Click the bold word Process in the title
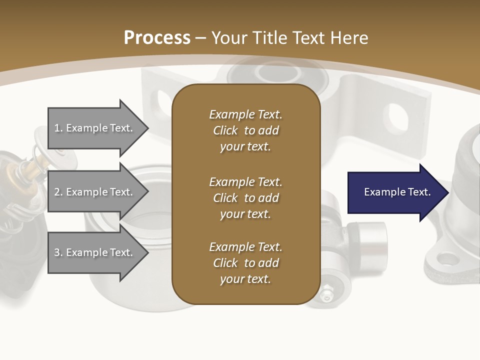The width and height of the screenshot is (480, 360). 157,38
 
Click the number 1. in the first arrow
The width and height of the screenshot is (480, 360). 58,128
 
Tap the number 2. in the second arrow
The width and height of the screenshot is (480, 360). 58,192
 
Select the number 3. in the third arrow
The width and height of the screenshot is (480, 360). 58,252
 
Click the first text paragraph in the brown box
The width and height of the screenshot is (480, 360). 245,130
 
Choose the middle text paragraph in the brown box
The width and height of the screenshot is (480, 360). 245,198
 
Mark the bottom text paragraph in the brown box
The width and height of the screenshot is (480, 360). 245,263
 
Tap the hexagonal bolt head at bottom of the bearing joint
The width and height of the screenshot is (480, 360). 326,294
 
